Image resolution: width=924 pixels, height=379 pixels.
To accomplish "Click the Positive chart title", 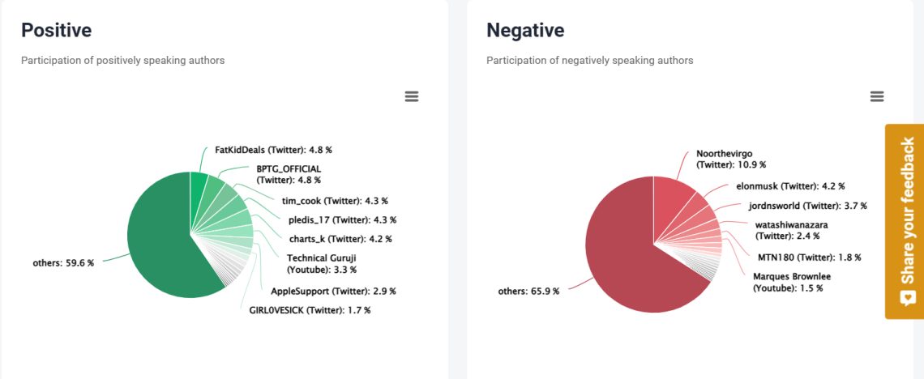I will click(56, 31).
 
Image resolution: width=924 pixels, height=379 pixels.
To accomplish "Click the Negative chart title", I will click(525, 31).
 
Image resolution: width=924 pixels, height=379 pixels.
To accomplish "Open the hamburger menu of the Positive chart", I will click(412, 96).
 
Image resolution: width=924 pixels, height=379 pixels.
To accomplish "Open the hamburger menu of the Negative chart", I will click(876, 96).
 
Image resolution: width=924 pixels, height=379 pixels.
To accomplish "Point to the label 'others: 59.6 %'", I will click(63, 263).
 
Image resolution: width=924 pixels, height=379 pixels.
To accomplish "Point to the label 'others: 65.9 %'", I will click(528, 291).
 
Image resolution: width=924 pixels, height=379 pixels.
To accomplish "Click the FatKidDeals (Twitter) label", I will click(273, 150).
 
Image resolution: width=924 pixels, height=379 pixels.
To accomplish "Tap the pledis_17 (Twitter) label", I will click(342, 219).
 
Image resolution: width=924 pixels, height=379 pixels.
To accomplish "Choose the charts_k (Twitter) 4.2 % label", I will click(340, 239).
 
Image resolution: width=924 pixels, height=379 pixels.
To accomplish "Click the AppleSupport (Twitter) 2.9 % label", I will click(333, 291).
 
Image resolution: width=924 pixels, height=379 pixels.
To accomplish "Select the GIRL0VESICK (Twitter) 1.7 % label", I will click(310, 309).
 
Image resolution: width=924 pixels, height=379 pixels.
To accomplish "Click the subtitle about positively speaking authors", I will click(122, 61).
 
